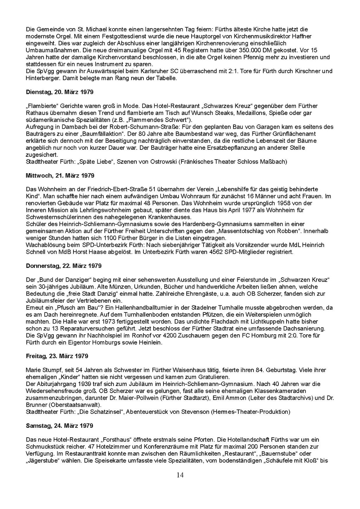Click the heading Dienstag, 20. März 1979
(60, 92)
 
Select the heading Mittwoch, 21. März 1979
(60, 175)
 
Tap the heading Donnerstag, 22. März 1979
(64, 266)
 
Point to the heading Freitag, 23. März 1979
(57, 356)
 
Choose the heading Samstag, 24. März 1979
(59, 426)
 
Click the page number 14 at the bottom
(180, 475)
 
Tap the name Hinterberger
(42, 78)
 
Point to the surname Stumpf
(52, 370)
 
